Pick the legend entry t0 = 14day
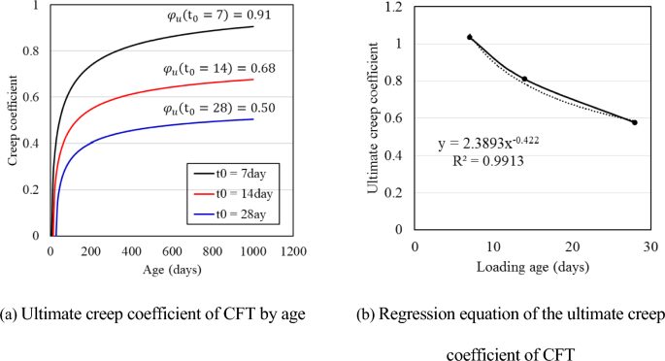[228, 193]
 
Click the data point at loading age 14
[524, 79]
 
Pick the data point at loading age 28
[634, 122]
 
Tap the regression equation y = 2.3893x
[488, 145]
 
